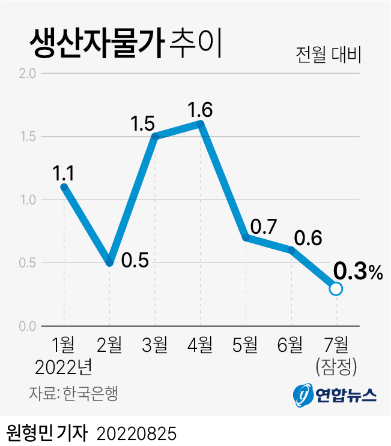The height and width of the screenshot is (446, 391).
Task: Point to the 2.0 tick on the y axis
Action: [28, 74]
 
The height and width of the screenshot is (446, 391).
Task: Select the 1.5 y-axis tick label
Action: [28, 137]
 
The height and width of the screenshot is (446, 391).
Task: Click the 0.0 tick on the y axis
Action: [28, 326]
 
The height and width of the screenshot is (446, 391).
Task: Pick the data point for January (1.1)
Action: [64, 186]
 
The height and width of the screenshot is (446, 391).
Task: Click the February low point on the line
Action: [109, 262]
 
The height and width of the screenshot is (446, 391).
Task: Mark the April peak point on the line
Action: [201, 123]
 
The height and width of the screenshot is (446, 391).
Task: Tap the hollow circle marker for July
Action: [336, 288]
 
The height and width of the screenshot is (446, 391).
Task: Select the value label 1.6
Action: [200, 110]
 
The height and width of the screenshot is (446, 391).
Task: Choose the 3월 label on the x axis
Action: [154, 345]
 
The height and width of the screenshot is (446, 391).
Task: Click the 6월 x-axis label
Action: [290, 345]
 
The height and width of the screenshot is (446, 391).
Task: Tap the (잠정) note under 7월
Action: [336, 364]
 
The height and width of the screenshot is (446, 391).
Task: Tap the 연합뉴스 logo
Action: [335, 394]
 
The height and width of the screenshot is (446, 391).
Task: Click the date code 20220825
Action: [136, 432]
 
